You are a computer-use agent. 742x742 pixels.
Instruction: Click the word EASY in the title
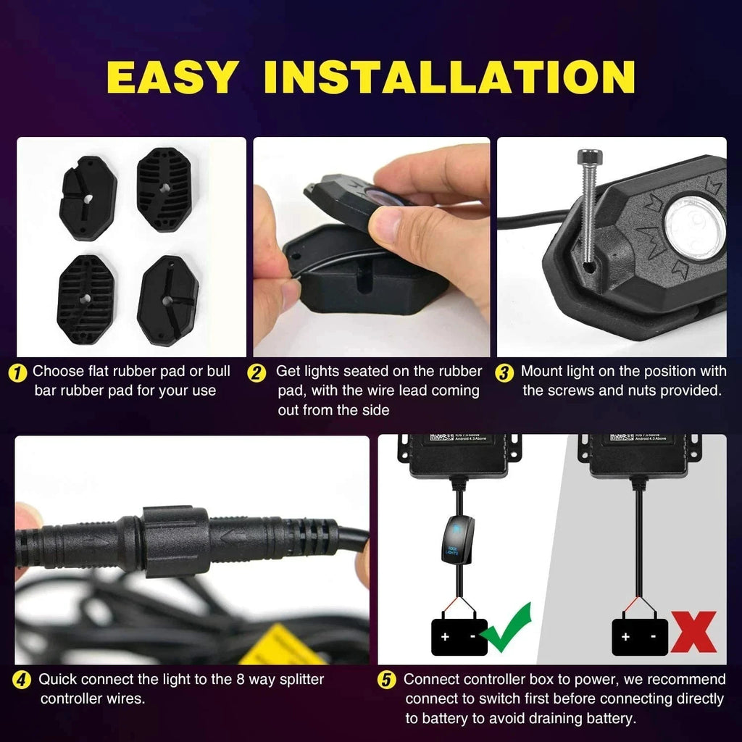[172, 78]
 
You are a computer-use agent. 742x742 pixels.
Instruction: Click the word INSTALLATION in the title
[449, 78]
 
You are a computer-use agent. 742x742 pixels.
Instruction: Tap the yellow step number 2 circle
[257, 372]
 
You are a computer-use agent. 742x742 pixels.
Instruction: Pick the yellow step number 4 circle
[22, 680]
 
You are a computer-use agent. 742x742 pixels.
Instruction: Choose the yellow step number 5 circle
[388, 680]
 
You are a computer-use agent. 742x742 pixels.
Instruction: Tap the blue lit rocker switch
[456, 539]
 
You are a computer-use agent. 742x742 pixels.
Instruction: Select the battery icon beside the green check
[459, 636]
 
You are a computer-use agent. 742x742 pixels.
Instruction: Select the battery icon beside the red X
[639, 636]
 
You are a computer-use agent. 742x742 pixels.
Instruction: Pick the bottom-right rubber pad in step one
[168, 300]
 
